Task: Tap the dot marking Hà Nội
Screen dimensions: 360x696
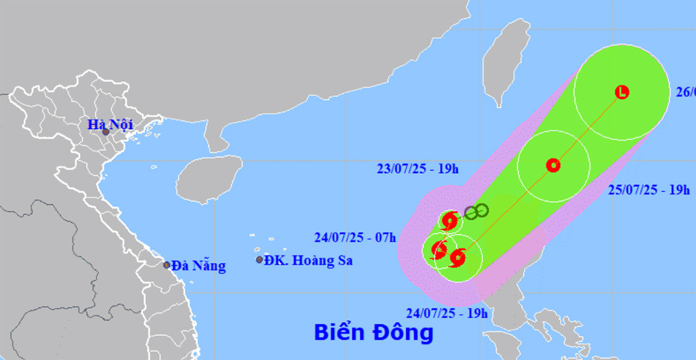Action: click(x=106, y=132)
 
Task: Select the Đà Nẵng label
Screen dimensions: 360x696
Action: click(x=198, y=266)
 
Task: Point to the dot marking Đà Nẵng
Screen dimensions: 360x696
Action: click(x=166, y=265)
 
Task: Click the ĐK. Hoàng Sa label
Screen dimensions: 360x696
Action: click(x=308, y=260)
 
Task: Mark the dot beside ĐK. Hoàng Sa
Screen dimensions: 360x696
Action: click(x=259, y=260)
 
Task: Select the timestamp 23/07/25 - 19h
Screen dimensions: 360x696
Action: click(x=417, y=169)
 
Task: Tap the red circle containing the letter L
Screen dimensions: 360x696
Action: click(x=622, y=92)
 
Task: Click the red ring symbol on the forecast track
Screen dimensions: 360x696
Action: click(x=553, y=165)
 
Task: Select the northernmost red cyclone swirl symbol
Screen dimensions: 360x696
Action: click(x=449, y=221)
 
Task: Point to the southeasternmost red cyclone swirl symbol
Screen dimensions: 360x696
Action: click(x=458, y=257)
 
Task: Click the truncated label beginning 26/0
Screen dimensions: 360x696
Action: click(x=686, y=92)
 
